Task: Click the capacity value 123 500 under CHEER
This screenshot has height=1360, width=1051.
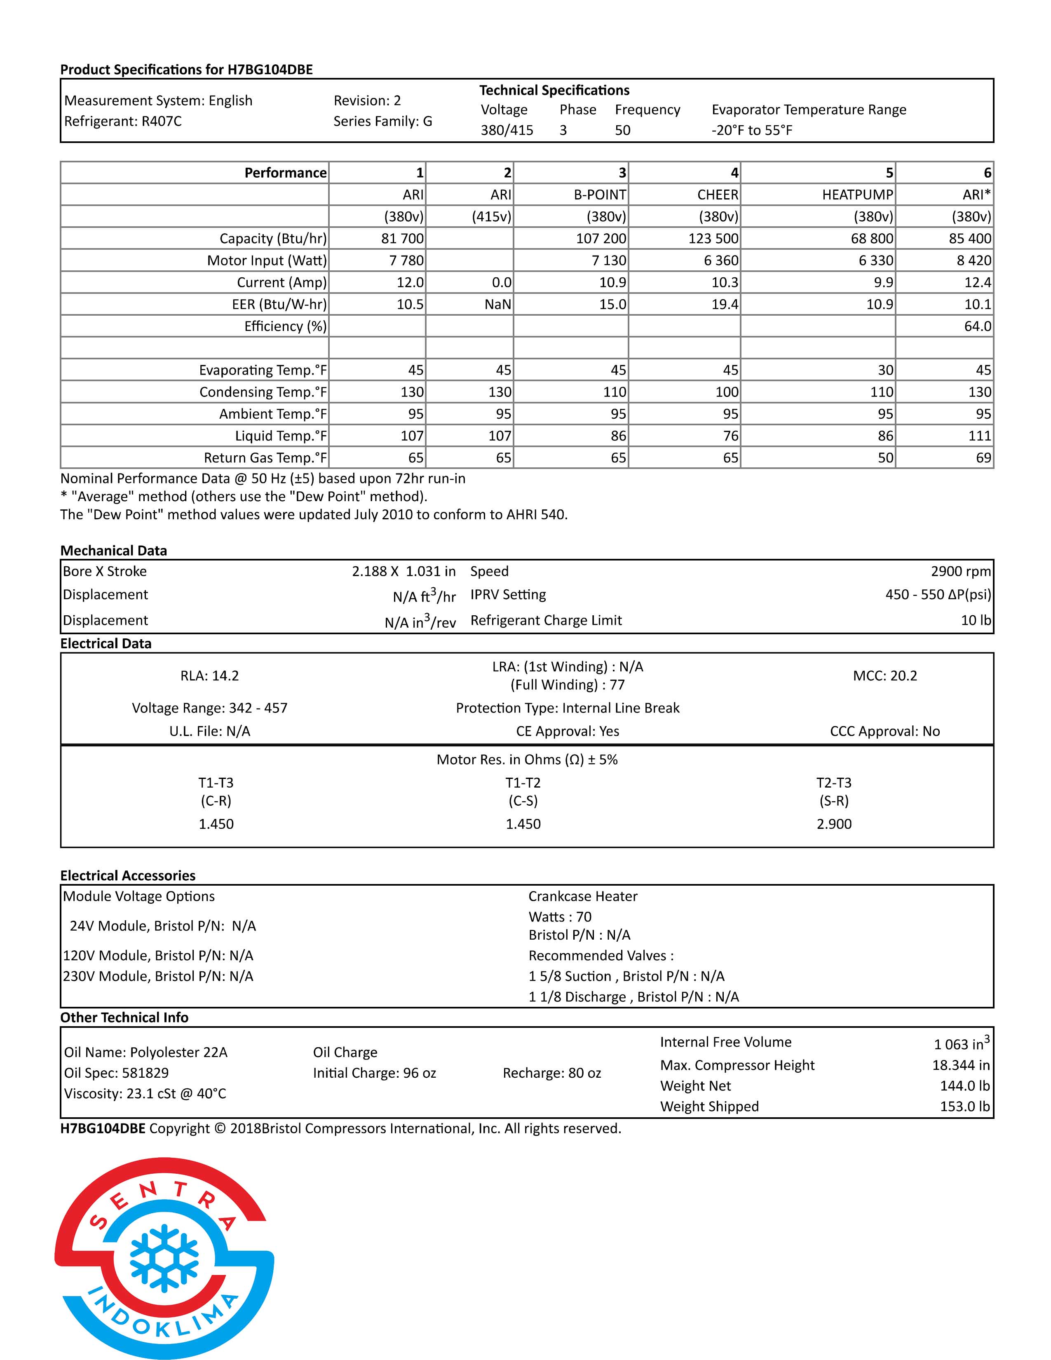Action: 713,239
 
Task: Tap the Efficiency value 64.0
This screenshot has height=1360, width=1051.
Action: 977,326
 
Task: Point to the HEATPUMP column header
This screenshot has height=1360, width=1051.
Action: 857,195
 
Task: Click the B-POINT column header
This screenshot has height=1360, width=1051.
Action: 599,195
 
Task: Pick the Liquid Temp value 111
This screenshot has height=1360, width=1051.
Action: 979,436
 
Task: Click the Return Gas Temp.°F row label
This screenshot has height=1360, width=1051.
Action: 265,458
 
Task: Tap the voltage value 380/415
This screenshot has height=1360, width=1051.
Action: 506,130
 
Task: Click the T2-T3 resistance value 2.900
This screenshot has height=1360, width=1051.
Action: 834,824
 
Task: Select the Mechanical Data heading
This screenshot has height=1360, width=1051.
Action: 113,551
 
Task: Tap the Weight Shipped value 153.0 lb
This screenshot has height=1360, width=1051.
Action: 964,1107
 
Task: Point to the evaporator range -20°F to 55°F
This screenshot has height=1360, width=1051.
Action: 751,130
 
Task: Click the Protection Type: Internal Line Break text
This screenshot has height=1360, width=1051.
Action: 567,708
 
